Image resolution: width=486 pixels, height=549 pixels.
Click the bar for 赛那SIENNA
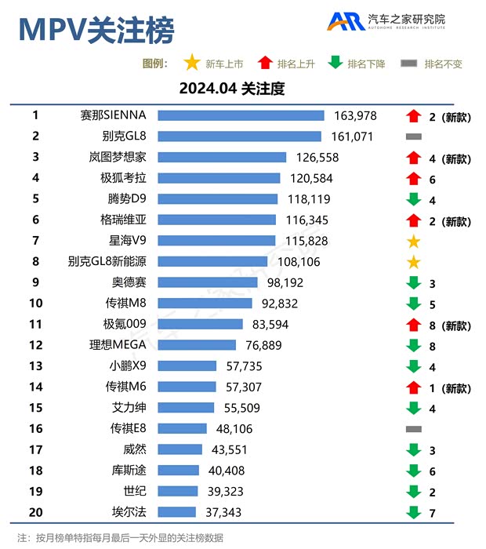(241, 116)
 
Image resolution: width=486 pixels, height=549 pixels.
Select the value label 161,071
(355, 136)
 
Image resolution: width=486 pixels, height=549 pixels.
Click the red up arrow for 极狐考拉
(414, 179)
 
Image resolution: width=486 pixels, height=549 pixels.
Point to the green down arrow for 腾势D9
(414, 199)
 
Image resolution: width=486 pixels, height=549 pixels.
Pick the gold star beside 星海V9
(414, 242)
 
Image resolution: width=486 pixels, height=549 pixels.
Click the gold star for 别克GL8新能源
(414, 262)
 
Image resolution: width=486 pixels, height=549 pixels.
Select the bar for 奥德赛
(208, 282)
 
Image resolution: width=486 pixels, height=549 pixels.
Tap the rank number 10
(36, 304)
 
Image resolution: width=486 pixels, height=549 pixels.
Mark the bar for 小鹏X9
(187, 366)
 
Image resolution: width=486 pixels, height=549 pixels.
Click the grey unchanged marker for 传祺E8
(414, 429)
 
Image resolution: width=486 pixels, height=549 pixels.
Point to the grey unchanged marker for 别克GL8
(414, 136)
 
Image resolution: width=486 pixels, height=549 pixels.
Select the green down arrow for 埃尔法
(414, 513)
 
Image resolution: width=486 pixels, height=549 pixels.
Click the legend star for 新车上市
(190, 64)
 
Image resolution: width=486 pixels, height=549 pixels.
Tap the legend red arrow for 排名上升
(264, 64)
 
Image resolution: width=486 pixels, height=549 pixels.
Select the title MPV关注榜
(96, 30)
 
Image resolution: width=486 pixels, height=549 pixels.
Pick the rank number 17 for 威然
(36, 449)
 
